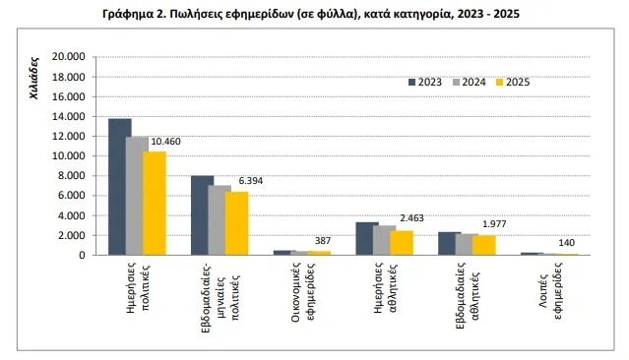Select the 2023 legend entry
click(424, 83)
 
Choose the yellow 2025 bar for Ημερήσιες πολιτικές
click(155, 204)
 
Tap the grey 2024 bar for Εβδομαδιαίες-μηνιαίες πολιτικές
click(220, 220)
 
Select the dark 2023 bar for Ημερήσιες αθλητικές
click(367, 239)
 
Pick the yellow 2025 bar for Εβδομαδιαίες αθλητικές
click(484, 246)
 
